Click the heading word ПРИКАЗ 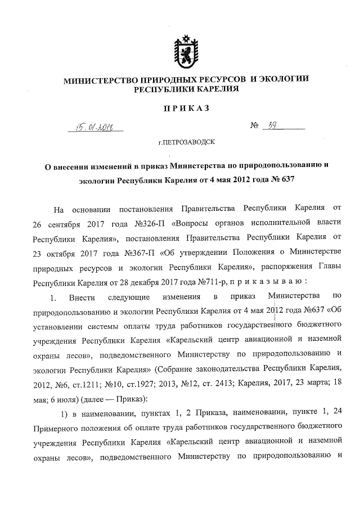[186, 108]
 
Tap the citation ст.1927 [144, 382]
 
